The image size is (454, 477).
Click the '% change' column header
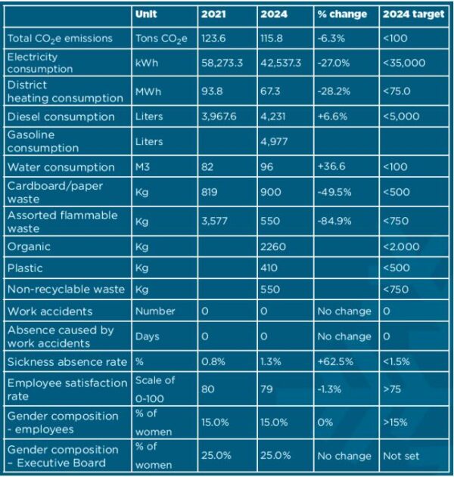pyautogui.click(x=341, y=14)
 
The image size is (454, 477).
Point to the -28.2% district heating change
pyautogui.click(x=334, y=91)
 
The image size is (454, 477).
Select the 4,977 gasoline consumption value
pyautogui.click(x=273, y=141)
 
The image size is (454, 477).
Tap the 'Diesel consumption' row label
pyautogui.click(x=61, y=116)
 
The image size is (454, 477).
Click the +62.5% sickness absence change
pyautogui.click(x=334, y=362)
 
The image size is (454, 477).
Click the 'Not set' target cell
pyautogui.click(x=402, y=456)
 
